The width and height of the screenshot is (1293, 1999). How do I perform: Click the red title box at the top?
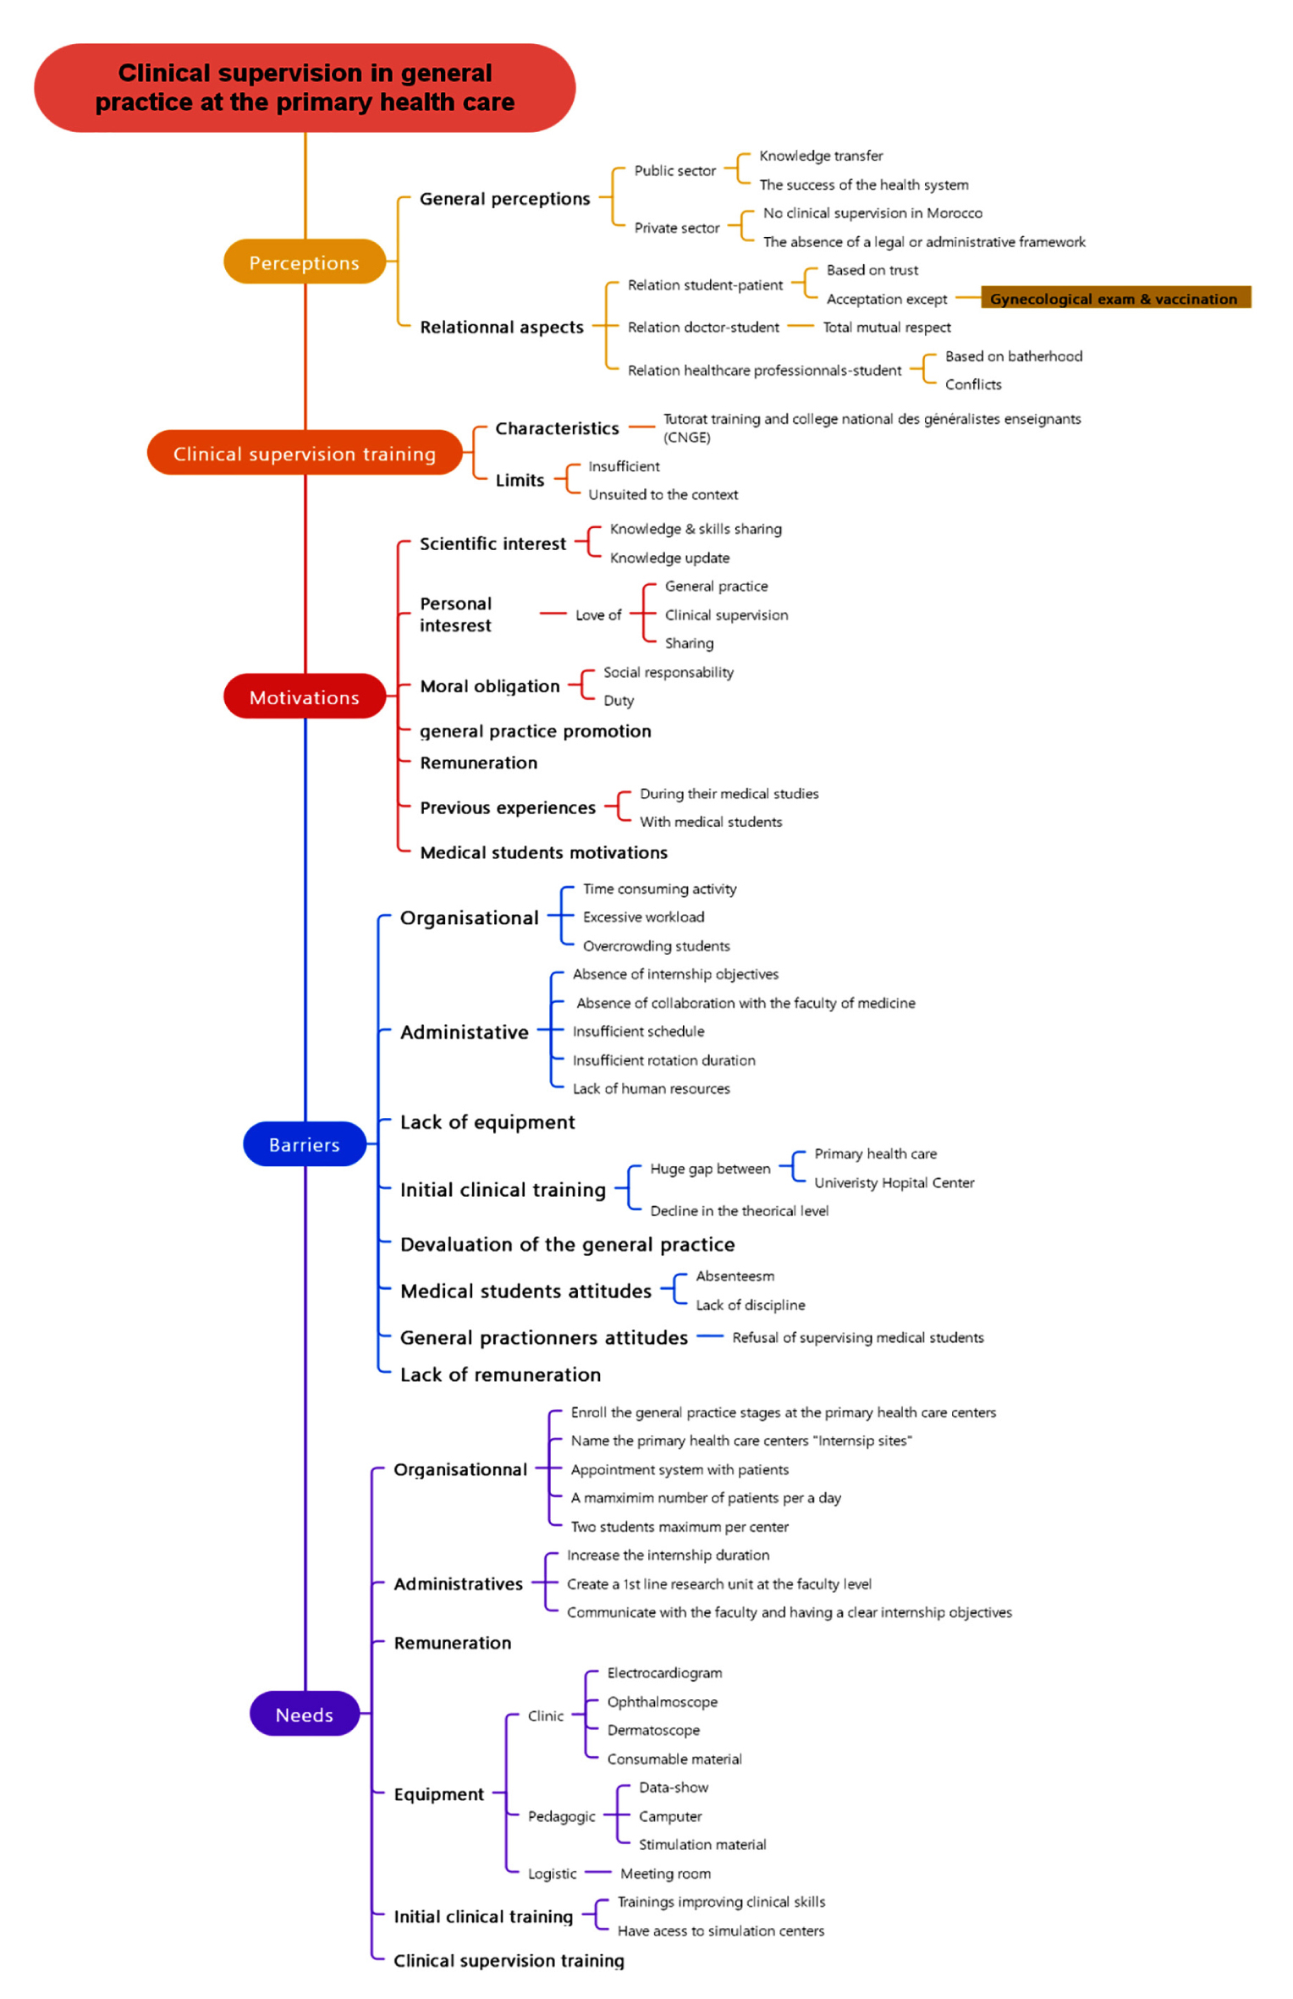(305, 87)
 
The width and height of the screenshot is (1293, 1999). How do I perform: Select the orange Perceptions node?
(305, 262)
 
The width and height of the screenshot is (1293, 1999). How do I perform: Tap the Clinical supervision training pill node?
(305, 453)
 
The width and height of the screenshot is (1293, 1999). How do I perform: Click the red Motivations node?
(305, 697)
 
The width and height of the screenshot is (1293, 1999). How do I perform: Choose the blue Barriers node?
(305, 1144)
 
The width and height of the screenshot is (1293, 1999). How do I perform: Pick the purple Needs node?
(305, 1714)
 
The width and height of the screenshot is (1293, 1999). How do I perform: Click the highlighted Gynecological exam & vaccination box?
(1115, 298)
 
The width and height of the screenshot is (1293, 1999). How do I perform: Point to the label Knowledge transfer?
(821, 156)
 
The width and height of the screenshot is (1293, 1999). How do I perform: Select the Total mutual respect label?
(887, 328)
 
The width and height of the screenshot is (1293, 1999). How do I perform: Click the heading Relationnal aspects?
(502, 327)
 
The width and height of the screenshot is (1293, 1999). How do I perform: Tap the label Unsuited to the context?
(663, 494)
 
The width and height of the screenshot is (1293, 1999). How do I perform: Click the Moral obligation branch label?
(490, 686)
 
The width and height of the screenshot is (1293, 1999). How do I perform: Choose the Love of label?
(598, 614)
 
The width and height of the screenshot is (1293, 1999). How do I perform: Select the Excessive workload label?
(643, 917)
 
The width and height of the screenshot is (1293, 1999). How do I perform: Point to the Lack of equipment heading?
(487, 1122)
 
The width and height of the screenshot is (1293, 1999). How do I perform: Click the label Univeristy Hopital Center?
(894, 1182)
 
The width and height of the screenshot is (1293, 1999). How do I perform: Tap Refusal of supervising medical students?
(858, 1337)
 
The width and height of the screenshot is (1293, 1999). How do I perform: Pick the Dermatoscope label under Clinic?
(653, 1730)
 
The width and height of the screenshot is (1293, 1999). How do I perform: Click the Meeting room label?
(665, 1874)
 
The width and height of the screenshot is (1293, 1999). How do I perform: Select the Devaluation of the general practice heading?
(567, 1244)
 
